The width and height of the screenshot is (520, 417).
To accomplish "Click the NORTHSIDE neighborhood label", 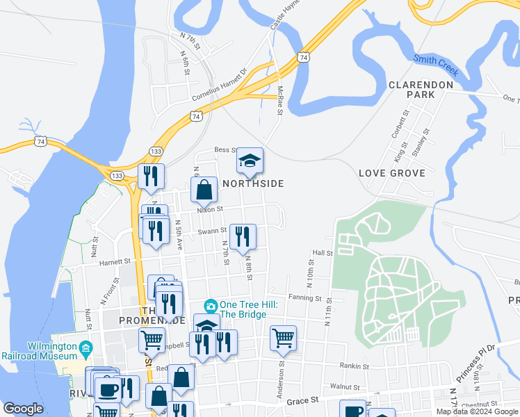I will coord(254,183).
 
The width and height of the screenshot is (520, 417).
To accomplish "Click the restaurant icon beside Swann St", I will coord(242,236).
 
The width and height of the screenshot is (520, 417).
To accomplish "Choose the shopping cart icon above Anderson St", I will coord(283,338).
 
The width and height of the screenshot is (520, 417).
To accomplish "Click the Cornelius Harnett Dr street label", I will coord(220,84).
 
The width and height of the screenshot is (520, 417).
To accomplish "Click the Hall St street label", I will coord(323,254).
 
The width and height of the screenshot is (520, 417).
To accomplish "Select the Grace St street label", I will coord(302,400).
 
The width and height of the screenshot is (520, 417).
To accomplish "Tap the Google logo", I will coord(24,409).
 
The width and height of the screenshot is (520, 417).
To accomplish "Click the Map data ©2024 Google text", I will coord(476,411).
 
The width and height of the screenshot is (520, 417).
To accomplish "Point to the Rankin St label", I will coord(353,365).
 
